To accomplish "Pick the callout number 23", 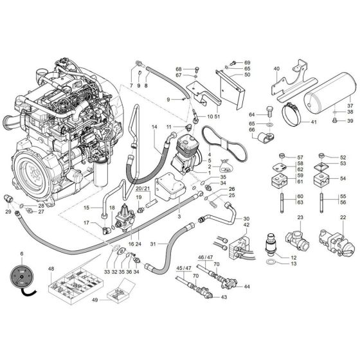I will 299,219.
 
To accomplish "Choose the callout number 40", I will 276,68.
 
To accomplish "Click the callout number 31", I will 152,244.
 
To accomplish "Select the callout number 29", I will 8,212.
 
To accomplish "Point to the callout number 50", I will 246,75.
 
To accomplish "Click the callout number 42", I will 245,224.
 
